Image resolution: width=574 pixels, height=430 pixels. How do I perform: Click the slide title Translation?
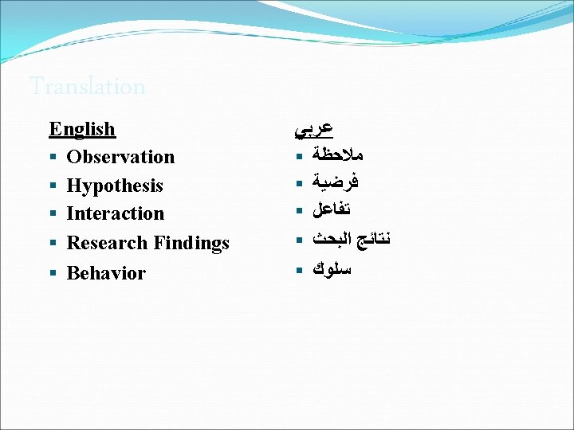pyautogui.click(x=87, y=86)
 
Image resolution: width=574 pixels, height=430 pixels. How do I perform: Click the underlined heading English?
pyautogui.click(x=82, y=129)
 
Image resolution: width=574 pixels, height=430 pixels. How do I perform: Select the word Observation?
pyautogui.click(x=120, y=157)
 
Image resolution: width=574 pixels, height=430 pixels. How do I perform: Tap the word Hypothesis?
pyautogui.click(x=115, y=186)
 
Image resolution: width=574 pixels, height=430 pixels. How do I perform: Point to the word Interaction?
pyautogui.click(x=116, y=213)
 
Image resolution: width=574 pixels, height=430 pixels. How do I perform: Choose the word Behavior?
pyautogui.click(x=106, y=273)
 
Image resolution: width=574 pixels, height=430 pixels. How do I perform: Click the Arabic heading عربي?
pyautogui.click(x=313, y=127)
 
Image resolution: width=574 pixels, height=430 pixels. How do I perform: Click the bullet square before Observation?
pyautogui.click(x=53, y=158)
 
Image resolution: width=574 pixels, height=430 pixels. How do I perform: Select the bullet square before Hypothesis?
pyautogui.click(x=53, y=186)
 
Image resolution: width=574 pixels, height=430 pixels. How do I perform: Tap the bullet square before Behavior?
pyautogui.click(x=53, y=274)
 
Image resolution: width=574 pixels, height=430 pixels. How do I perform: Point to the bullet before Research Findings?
pyautogui.click(x=53, y=244)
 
